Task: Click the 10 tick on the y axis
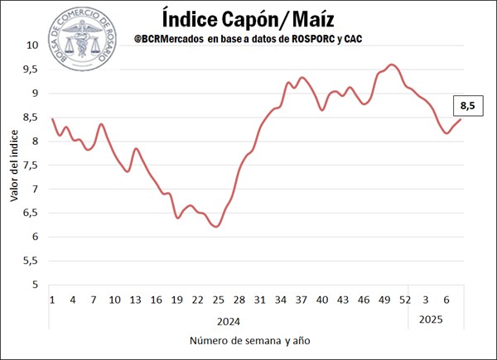pyautogui.click(x=32, y=46)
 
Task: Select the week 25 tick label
pyautogui.click(x=219, y=300)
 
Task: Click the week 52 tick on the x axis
pyautogui.click(x=406, y=300)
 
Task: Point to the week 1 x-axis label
pyautogui.click(x=52, y=300)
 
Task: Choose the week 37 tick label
pyautogui.click(x=302, y=300)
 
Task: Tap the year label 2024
pyautogui.click(x=228, y=319)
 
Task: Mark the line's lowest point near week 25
pyautogui.click(x=216, y=226)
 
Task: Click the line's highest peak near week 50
pyautogui.click(x=392, y=65)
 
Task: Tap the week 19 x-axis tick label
pyautogui.click(x=177, y=300)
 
